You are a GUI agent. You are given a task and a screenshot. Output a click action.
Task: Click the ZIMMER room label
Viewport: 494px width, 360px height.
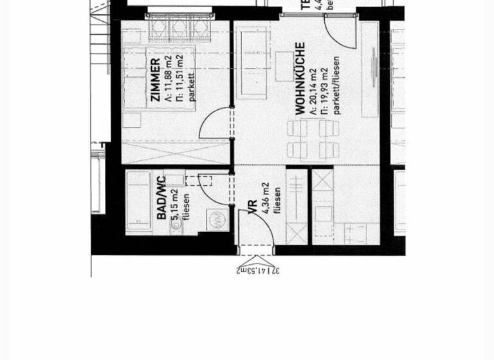point(155,80)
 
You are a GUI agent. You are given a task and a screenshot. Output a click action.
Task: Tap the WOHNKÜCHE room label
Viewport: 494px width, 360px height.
point(300,79)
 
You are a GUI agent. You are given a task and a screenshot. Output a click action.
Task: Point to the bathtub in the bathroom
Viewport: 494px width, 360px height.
point(138,201)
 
